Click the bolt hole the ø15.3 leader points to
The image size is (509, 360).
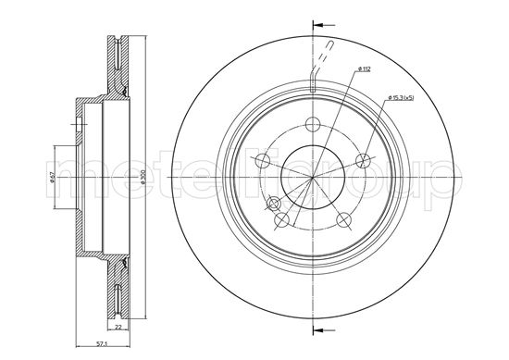(364, 162)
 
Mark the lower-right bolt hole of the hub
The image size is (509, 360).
(345, 219)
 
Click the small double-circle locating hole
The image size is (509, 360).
(273, 203)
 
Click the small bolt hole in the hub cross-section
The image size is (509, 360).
(78, 119)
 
